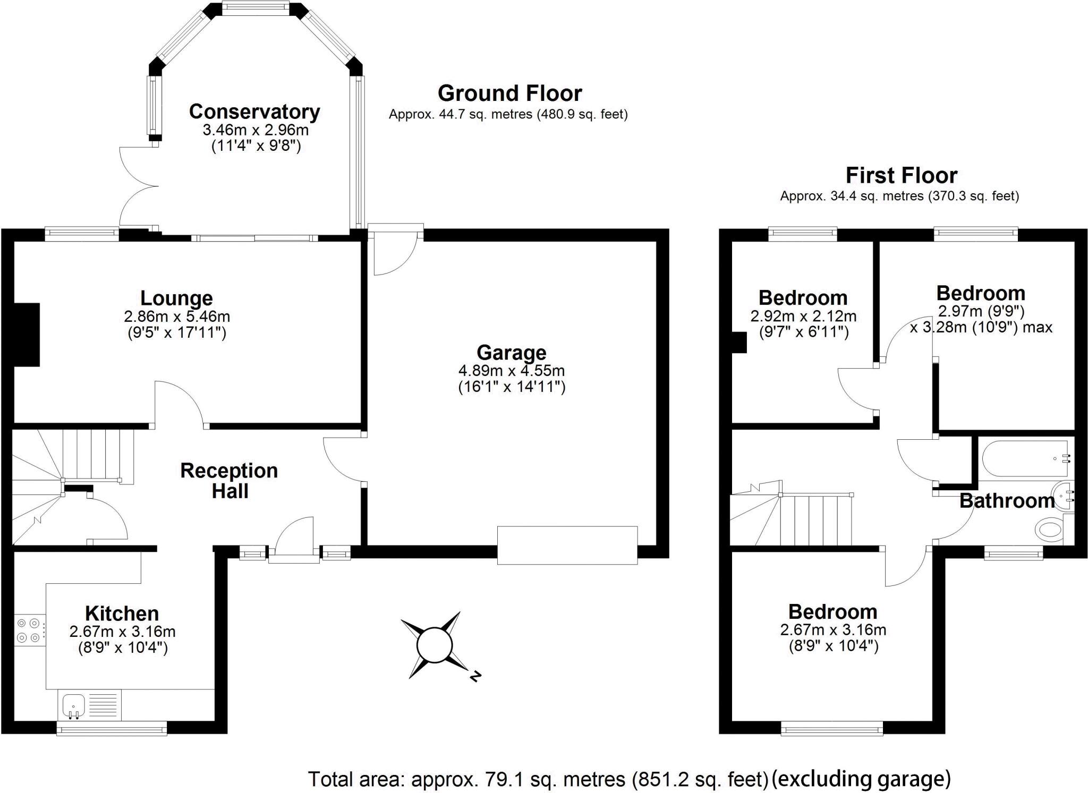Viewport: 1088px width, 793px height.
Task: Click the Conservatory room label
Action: pyautogui.click(x=254, y=112)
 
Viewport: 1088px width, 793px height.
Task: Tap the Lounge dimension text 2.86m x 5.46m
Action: pyautogui.click(x=177, y=317)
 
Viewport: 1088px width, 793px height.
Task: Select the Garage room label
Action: pyautogui.click(x=511, y=353)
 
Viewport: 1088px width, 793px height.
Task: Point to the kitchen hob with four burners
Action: pyautogui.click(x=29, y=630)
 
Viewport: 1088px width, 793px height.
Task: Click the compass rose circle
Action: pyautogui.click(x=434, y=645)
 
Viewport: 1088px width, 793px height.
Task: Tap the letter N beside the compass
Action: pyautogui.click(x=475, y=676)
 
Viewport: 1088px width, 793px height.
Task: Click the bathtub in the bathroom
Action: pyautogui.click(x=1024, y=459)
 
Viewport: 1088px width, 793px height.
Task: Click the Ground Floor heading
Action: pyautogui.click(x=509, y=93)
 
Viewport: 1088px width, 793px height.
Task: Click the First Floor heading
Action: pyautogui.click(x=901, y=175)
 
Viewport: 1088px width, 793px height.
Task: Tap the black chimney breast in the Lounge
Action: pyautogui.click(x=27, y=335)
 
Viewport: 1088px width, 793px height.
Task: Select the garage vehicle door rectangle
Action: pyautogui.click(x=567, y=545)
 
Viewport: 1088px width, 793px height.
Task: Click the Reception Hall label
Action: pyautogui.click(x=229, y=481)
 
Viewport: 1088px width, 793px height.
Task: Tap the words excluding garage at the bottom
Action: pyautogui.click(x=861, y=779)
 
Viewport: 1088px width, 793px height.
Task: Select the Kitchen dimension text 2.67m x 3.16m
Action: pyautogui.click(x=122, y=632)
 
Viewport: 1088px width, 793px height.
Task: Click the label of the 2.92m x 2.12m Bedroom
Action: pyautogui.click(x=802, y=298)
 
